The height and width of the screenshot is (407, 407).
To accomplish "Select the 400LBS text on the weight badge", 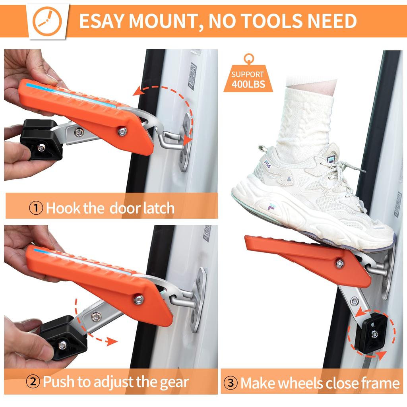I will pyautogui.click(x=248, y=84).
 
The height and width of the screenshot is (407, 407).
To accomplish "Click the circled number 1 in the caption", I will pyautogui.click(x=37, y=208).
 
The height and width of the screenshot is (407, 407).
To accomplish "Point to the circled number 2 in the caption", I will pyautogui.click(x=33, y=382).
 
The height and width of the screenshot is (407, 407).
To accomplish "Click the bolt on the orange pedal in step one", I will pyautogui.click(x=123, y=131).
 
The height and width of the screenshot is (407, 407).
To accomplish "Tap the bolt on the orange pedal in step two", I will pyautogui.click(x=138, y=299).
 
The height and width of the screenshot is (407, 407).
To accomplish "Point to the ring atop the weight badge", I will pyautogui.click(x=248, y=59).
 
